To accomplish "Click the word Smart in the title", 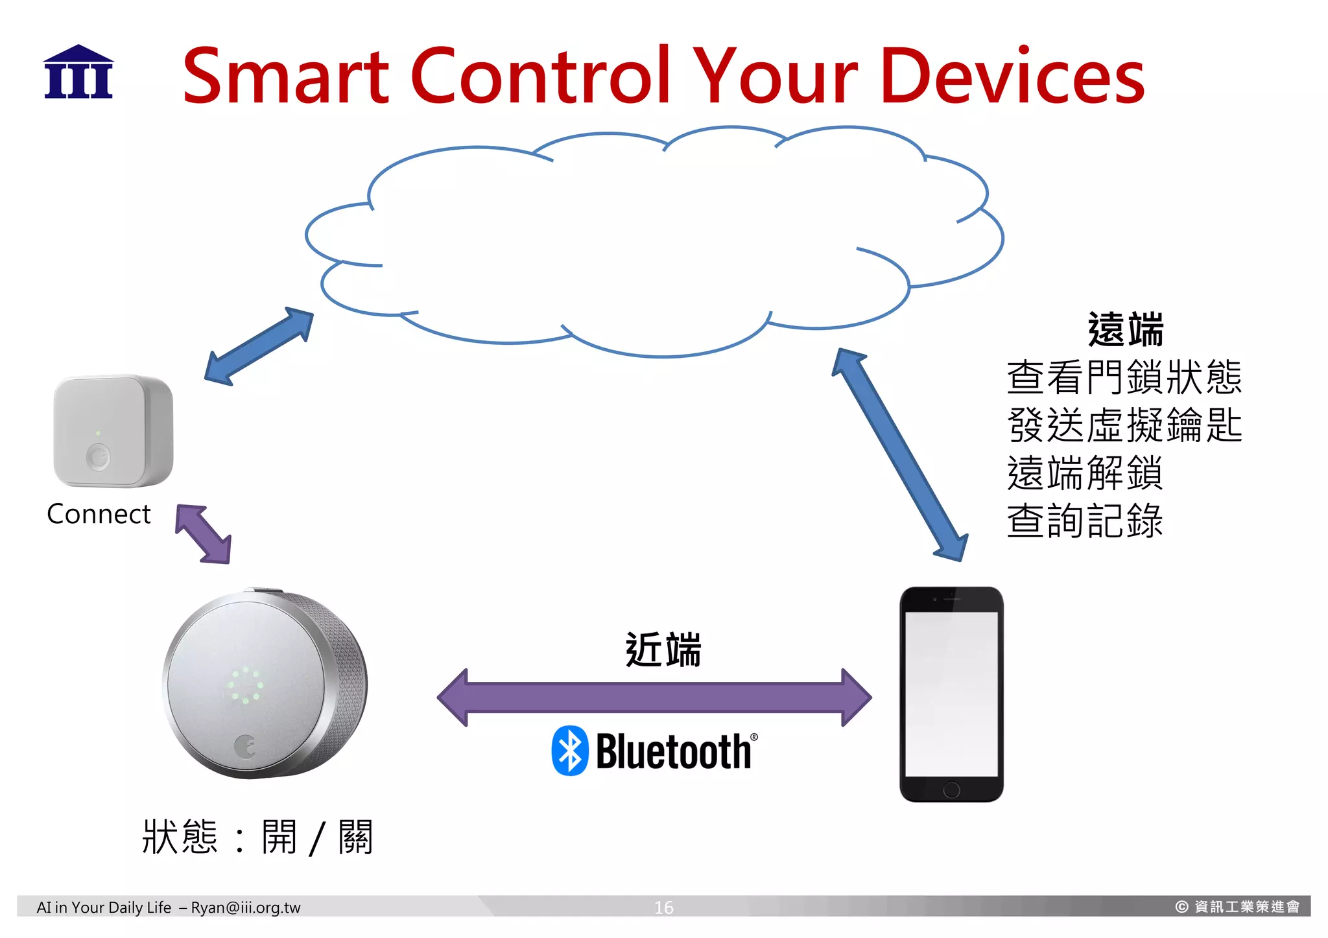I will (285, 76).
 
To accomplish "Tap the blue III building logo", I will (78, 73).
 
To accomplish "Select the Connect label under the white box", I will (99, 514).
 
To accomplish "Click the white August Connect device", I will (113, 430).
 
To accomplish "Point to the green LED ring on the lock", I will (245, 685).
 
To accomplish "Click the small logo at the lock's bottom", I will (245, 746).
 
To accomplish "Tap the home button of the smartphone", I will (951, 789).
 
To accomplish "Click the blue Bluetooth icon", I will (569, 751).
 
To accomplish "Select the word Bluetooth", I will (673, 752).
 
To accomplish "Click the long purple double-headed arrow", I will (654, 698).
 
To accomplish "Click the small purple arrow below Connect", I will (203, 533).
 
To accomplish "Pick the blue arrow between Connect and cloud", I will (259, 346).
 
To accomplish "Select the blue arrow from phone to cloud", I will (900, 454).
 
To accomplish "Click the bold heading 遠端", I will (1125, 329).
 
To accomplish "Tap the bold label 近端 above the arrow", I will (663, 650).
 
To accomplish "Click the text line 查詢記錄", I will (1085, 521).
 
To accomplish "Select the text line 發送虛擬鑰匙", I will (1124, 425).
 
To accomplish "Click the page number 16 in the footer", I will (663, 907).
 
